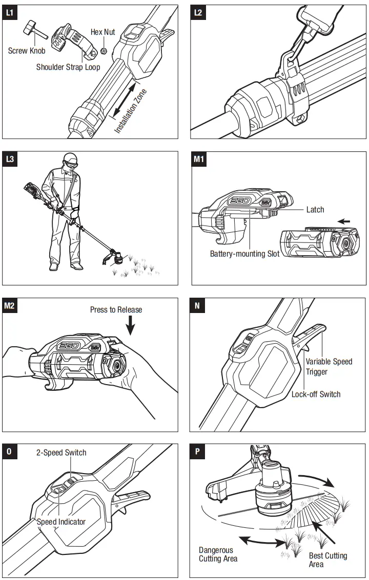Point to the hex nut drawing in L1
point(103,51)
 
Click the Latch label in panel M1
point(315,210)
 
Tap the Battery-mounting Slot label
point(245,254)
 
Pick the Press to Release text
point(116,309)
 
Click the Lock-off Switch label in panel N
point(316,394)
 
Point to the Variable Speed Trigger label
point(329,367)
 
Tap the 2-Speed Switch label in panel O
point(61,453)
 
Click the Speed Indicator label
point(61,522)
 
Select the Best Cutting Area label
point(327,560)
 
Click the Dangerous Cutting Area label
point(218,554)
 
